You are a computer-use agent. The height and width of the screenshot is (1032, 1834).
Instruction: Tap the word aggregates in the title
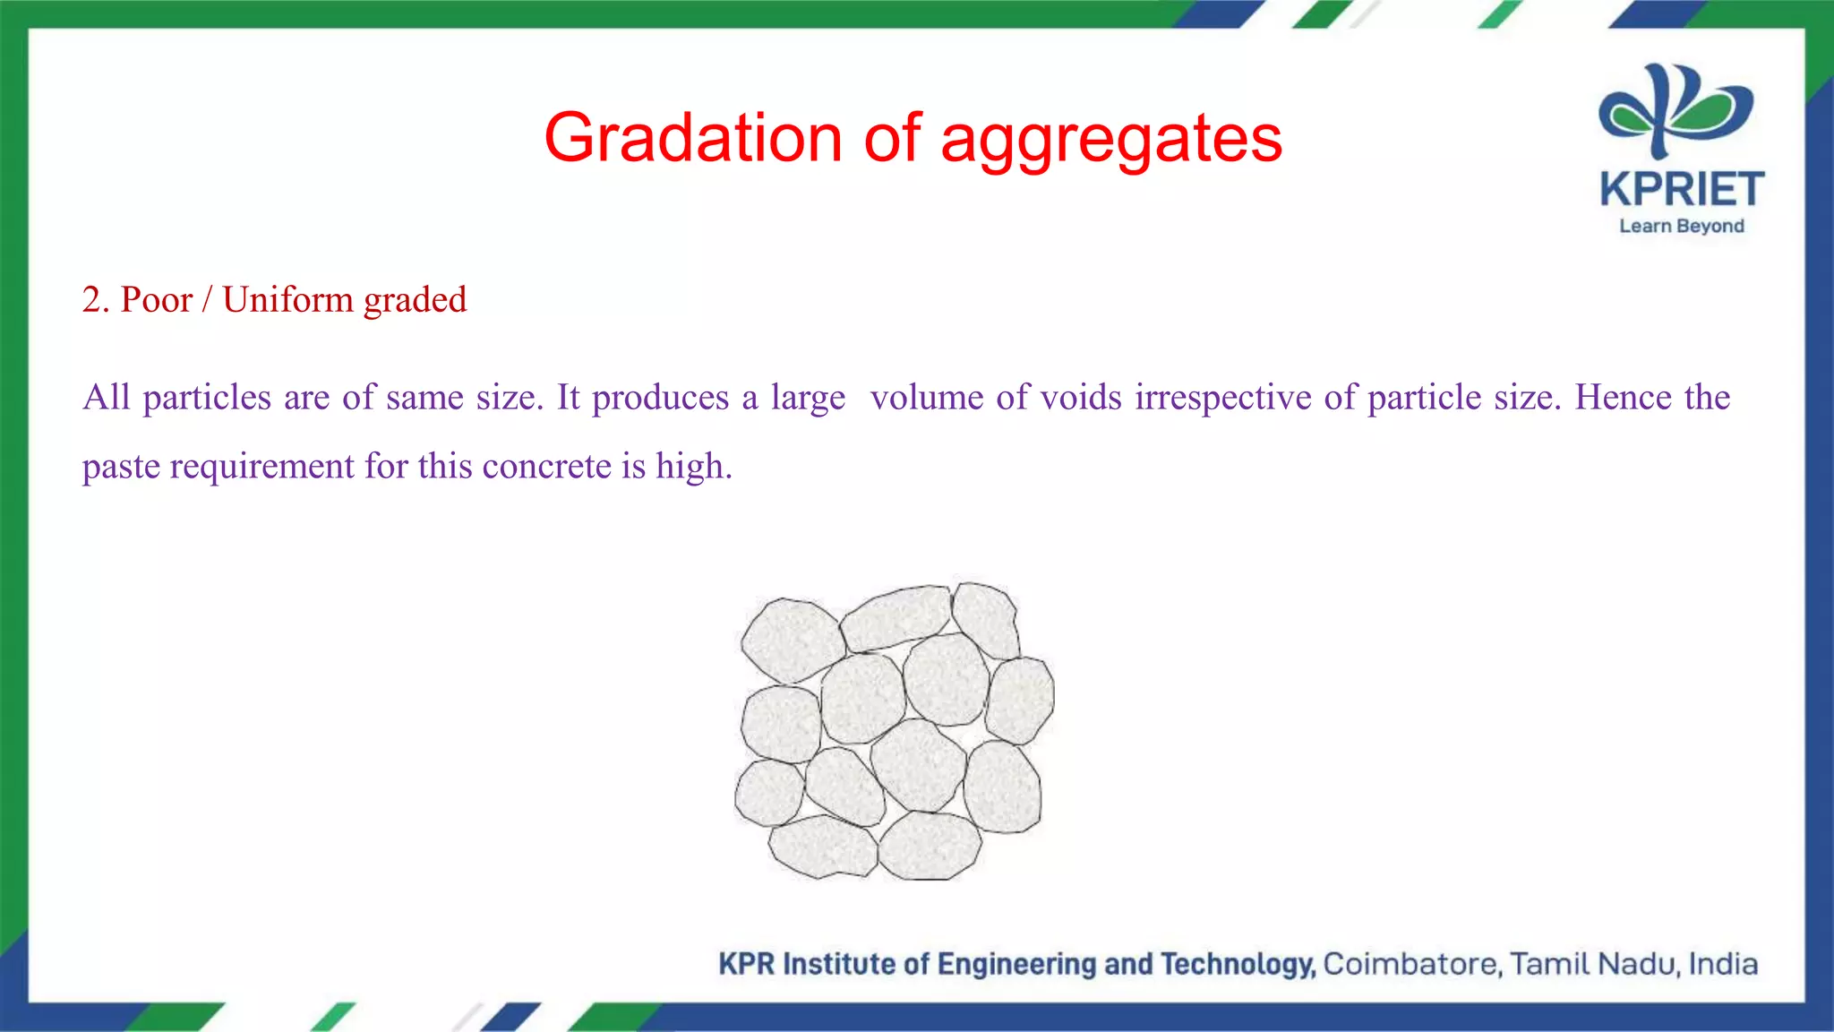pos(1111,140)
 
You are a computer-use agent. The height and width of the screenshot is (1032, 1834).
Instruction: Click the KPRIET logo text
pos(1682,189)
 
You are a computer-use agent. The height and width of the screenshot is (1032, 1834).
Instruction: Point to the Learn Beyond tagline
pos(1682,226)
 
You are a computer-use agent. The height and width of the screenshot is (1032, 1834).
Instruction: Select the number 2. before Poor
pos(96,299)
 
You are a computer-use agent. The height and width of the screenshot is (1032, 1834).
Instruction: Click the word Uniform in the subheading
pos(287,299)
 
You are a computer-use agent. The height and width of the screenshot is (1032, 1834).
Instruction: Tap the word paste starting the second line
pos(121,467)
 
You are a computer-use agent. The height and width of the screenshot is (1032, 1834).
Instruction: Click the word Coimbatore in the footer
pos(1411,964)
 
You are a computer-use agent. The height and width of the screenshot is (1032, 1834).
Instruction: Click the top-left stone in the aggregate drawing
pos(792,638)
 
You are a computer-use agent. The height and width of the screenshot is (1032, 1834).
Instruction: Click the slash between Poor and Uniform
pos(207,299)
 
